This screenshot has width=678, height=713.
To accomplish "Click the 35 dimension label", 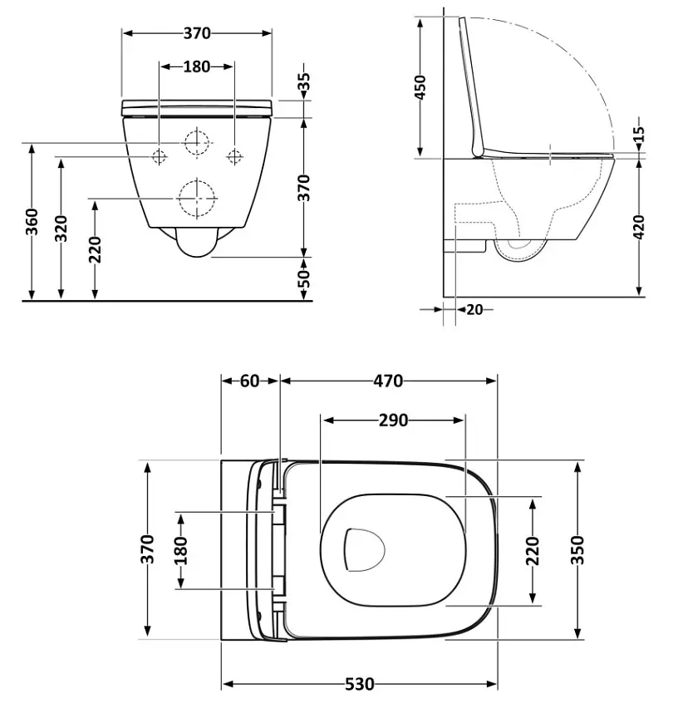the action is click(x=305, y=81).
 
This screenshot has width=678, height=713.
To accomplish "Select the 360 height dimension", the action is click(x=32, y=222).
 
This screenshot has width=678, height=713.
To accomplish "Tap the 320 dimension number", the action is click(x=61, y=229).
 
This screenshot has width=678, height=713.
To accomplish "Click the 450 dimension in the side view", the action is click(x=420, y=87).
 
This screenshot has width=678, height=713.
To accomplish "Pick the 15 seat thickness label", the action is click(x=639, y=134).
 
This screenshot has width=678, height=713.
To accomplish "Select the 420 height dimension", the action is click(x=639, y=227).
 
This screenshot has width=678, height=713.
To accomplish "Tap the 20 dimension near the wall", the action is click(x=474, y=310).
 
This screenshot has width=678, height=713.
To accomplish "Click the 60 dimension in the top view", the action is click(x=249, y=381).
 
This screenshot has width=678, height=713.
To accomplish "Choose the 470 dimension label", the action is click(x=388, y=381).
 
